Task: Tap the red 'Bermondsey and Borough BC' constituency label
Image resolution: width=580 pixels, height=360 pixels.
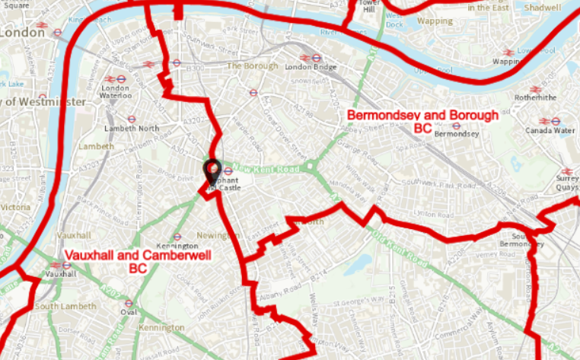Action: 422,121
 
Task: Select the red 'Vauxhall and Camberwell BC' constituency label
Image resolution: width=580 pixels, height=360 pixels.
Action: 137,261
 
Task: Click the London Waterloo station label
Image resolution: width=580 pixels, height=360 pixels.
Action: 116,92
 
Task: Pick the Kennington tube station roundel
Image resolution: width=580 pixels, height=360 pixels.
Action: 177,236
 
